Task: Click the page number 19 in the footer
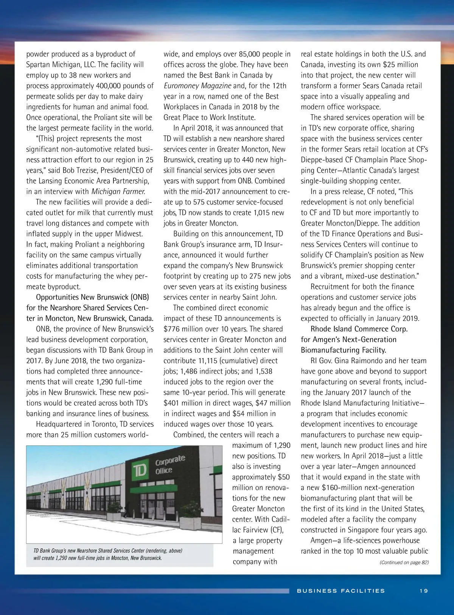pyautogui.click(x=423, y=591)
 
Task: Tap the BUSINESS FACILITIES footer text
pyautogui.click(x=341, y=591)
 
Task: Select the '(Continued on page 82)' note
pyautogui.click(x=404, y=562)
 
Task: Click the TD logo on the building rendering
pyautogui.click(x=140, y=471)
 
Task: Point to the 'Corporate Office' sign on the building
pyautogui.click(x=170, y=465)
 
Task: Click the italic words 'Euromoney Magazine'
pyautogui.click(x=197, y=86)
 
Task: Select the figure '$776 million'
pyautogui.click(x=183, y=329)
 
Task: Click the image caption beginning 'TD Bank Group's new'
pyautogui.click(x=108, y=554)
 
